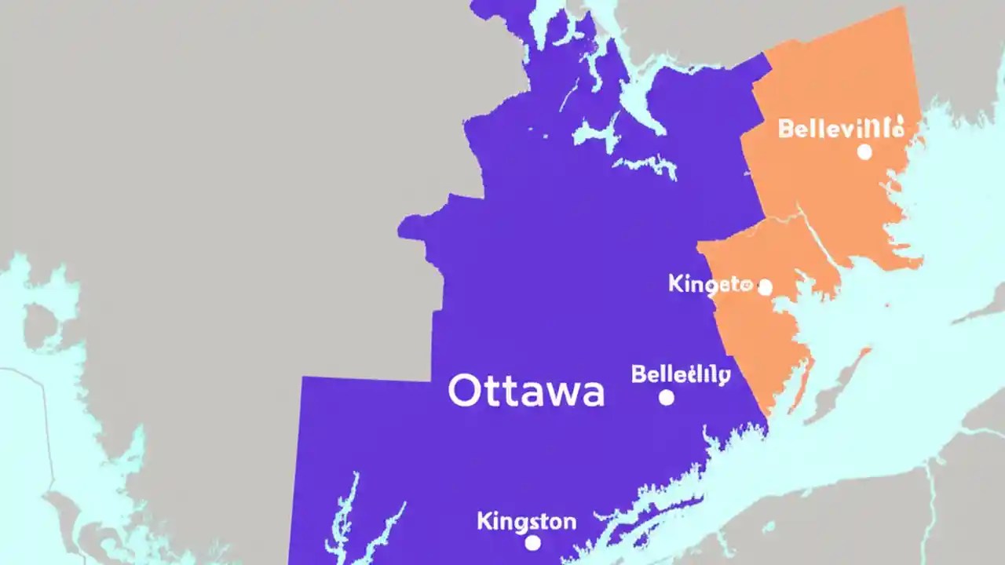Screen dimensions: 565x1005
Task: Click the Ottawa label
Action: point(526,391)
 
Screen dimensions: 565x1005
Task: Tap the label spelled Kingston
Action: point(526,521)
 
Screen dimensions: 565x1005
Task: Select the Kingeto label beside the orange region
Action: point(710,284)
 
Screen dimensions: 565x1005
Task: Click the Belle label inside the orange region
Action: point(839,128)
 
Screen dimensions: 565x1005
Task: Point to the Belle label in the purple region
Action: point(681,374)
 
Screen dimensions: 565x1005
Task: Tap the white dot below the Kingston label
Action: point(533,543)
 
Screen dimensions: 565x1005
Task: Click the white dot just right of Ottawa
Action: point(667,398)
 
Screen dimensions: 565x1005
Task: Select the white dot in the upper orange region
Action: point(864,152)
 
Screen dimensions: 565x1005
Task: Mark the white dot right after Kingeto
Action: point(765,288)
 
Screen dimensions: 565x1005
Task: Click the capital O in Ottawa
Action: point(462,391)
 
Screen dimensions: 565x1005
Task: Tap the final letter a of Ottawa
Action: point(591,394)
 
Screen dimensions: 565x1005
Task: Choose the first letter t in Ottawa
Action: point(488,392)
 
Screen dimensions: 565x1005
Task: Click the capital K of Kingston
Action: point(484,520)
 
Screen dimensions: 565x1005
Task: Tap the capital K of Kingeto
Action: point(675,283)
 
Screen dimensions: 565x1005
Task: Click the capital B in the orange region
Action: point(785,129)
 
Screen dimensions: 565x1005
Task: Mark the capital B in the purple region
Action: point(638,374)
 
